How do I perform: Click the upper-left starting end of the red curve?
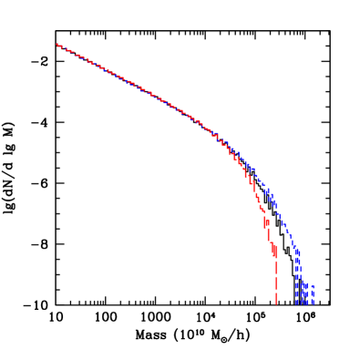pos(57,44)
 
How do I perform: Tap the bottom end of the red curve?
pos(276,303)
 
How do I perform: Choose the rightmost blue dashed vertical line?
pos(313,294)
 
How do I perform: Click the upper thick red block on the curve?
pos(266,221)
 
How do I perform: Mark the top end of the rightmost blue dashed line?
pos(313,284)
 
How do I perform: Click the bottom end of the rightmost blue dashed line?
pos(313,303)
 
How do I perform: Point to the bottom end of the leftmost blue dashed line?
pos(297,303)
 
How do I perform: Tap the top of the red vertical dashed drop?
pos(276,259)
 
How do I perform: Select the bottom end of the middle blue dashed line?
pos(304,303)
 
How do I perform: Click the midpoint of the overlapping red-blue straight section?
pos(137,87)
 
